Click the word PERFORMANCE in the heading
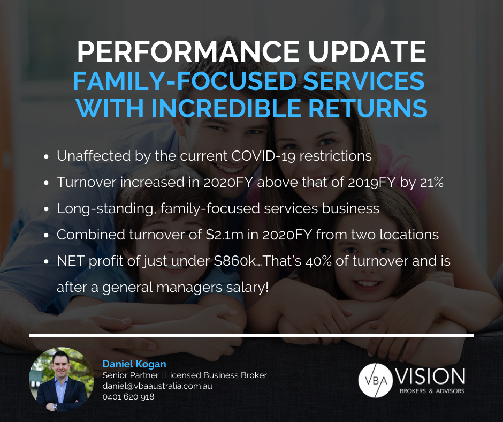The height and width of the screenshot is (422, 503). (188, 52)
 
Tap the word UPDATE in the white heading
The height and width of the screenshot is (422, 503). (367, 52)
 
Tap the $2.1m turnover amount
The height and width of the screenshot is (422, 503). (224, 235)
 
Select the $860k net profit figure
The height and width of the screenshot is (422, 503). (235, 261)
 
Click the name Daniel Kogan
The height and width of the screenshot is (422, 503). (134, 364)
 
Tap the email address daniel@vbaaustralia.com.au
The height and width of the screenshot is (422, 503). (157, 386)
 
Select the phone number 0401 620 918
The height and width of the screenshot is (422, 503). (128, 397)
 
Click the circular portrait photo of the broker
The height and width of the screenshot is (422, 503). (62, 380)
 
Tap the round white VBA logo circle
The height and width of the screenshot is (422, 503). (375, 380)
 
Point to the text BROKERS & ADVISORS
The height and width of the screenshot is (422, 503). (432, 391)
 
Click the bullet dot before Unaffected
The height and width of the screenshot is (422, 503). (46, 156)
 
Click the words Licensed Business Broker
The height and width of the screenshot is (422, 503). (216, 375)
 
